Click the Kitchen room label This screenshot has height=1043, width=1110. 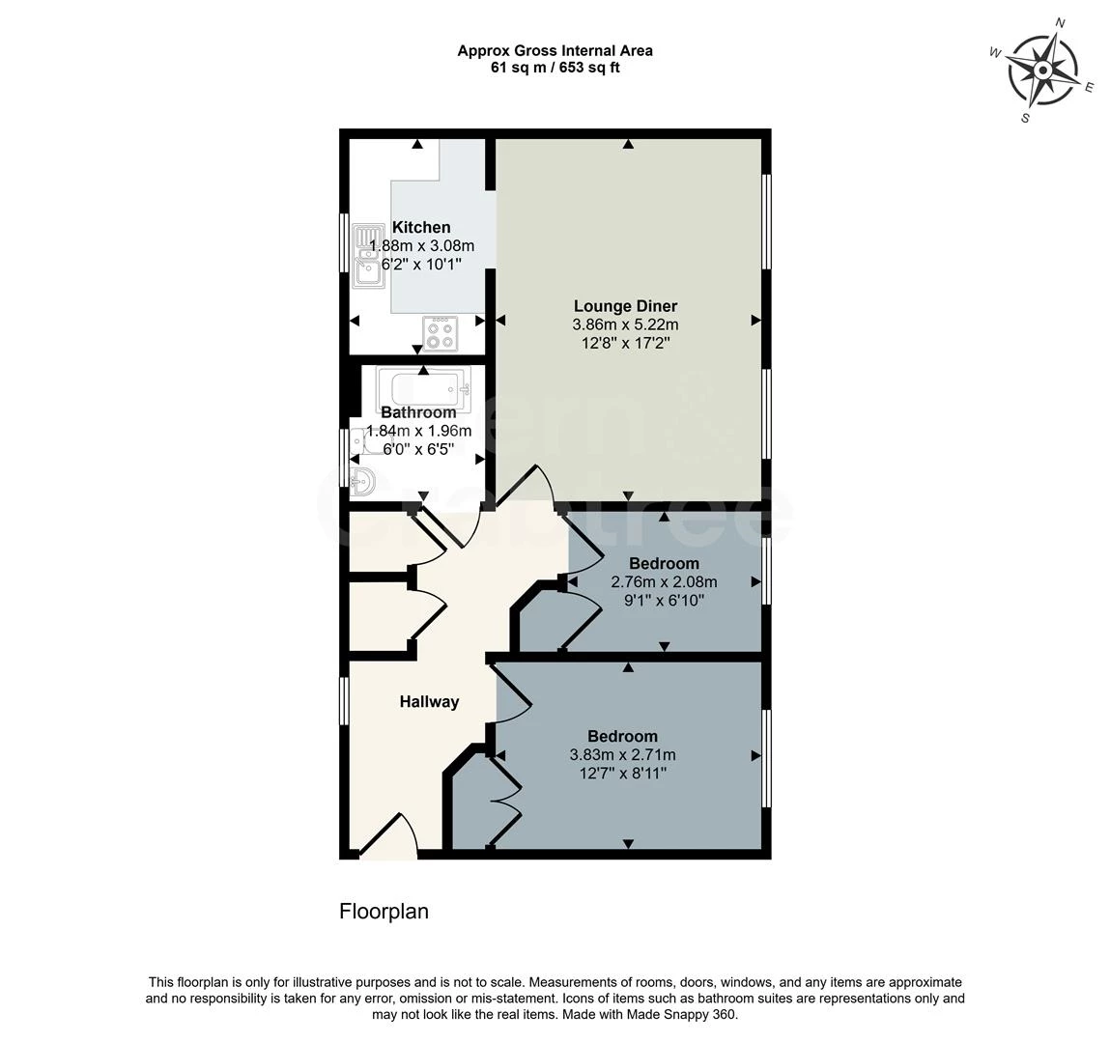[x=420, y=228]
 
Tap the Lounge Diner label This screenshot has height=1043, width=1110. [x=625, y=307]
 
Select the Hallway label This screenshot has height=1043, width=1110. [x=429, y=702]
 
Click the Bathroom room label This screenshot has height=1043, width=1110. [x=417, y=412]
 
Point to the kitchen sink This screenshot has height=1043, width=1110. [x=367, y=255]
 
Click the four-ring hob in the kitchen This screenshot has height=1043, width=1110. [x=441, y=334]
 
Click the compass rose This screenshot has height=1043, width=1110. [x=1042, y=70]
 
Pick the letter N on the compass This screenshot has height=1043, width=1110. [x=1059, y=23]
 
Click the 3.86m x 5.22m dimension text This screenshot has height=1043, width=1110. [x=625, y=325]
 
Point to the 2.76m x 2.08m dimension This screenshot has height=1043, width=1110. [x=664, y=582]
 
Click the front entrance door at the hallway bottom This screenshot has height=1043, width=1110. [x=388, y=836]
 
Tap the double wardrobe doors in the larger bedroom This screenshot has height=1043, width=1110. [x=505, y=801]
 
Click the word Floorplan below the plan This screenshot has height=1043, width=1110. [x=384, y=912]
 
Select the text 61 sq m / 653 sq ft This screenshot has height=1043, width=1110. [x=555, y=68]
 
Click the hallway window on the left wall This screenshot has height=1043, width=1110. [x=344, y=699]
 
